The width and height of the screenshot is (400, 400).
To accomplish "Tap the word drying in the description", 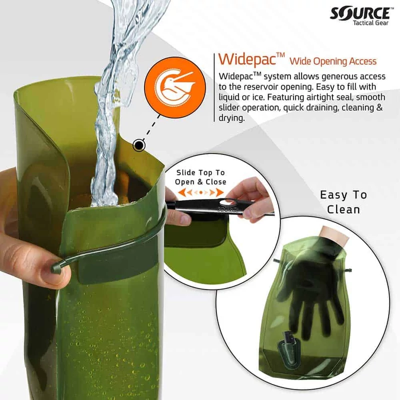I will [x=231, y=119].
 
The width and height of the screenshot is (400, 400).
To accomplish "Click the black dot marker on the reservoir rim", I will [x=138, y=145].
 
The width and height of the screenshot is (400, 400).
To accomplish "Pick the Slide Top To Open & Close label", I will [x=200, y=177].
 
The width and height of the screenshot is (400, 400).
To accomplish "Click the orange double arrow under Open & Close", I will [x=200, y=192].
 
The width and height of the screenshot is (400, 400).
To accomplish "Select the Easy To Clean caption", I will [x=343, y=201].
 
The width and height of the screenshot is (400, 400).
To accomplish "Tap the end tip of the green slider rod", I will [x=55, y=269].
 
